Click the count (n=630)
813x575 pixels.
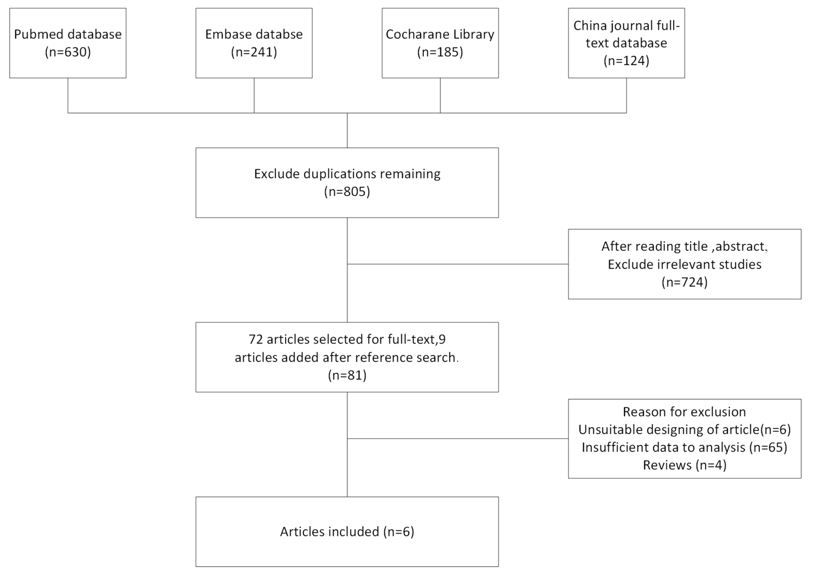click(x=68, y=52)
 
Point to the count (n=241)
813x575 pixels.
click(x=254, y=52)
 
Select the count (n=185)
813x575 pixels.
click(x=440, y=52)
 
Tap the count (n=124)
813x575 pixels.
click(x=627, y=61)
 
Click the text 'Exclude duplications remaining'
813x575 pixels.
click(x=347, y=174)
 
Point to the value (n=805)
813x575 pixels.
click(x=347, y=192)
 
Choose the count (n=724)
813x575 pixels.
click(x=685, y=282)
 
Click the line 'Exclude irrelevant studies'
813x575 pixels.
click(x=685, y=264)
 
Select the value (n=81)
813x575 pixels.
click(x=347, y=376)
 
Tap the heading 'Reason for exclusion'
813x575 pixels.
click(x=685, y=412)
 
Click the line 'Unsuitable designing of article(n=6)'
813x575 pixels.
click(x=685, y=430)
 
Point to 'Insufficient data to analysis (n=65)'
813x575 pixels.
click(x=685, y=448)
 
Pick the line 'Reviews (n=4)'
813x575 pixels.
click(x=685, y=466)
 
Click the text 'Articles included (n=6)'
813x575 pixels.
click(x=347, y=532)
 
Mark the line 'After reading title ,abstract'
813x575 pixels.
click(x=685, y=247)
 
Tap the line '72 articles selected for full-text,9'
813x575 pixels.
click(x=347, y=339)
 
